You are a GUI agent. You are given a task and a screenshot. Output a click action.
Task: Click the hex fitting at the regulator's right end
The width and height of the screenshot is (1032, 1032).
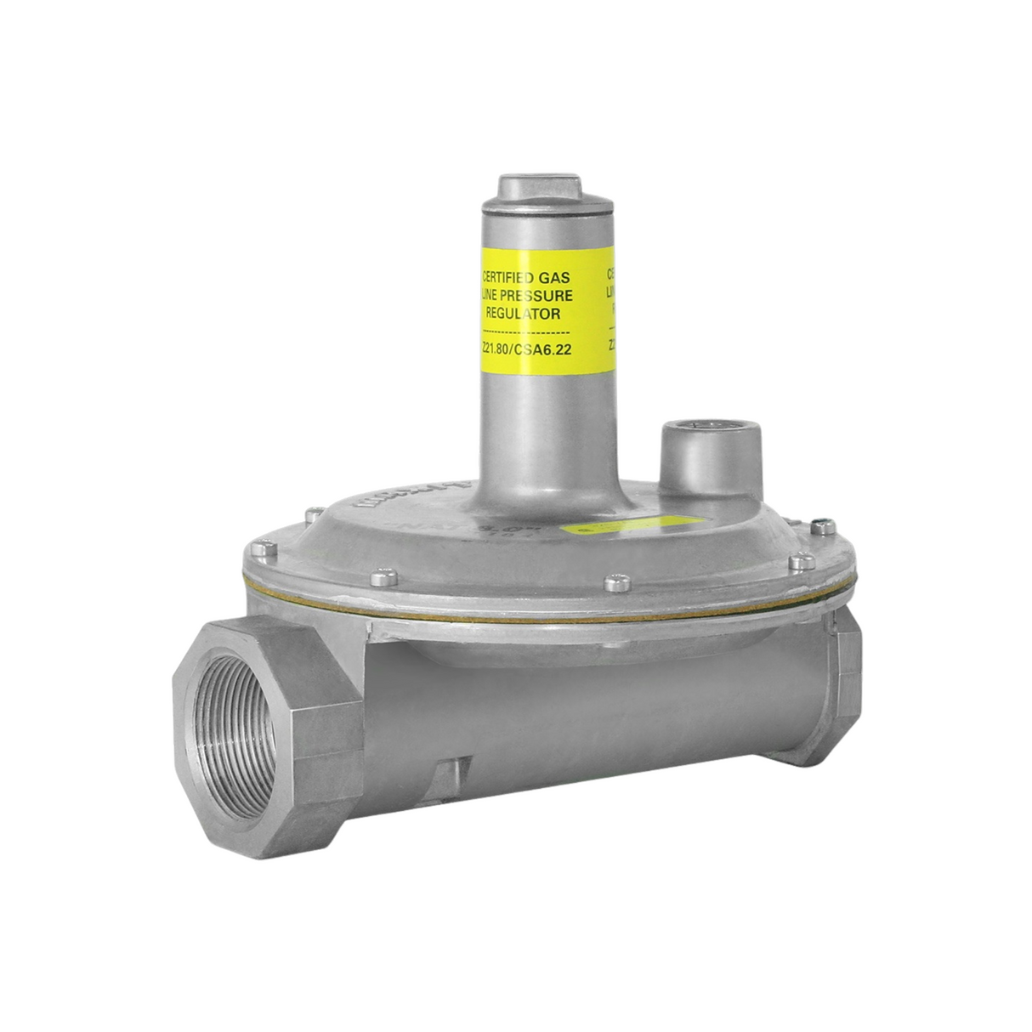[x=842, y=689]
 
